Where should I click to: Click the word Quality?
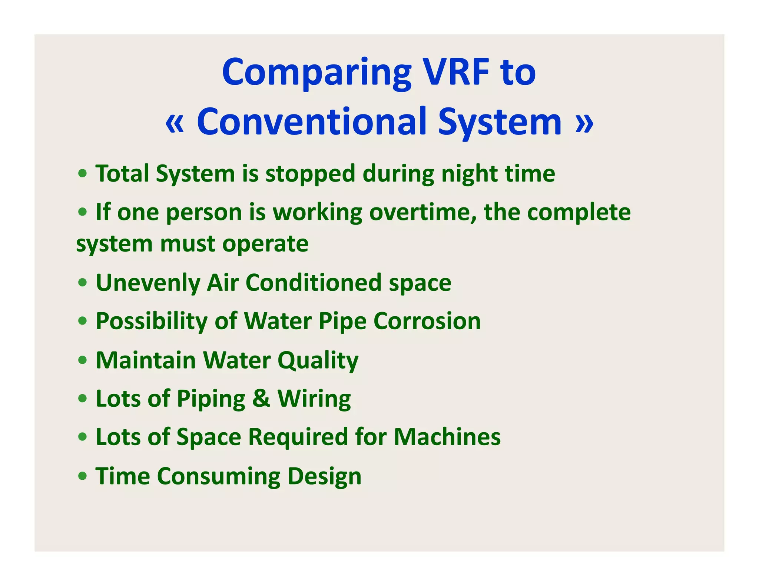point(318,361)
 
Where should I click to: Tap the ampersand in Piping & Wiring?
point(261,399)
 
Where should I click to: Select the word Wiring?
point(314,399)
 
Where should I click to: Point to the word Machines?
point(447,437)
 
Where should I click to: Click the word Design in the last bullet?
point(324,476)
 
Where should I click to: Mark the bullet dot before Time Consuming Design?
point(83,475)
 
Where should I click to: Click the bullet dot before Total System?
point(83,173)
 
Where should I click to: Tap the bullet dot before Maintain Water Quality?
point(83,360)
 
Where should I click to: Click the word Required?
point(298,437)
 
